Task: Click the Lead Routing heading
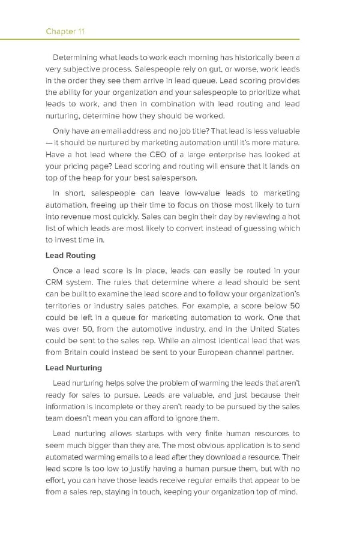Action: tap(70, 256)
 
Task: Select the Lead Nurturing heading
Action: tap(74, 368)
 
